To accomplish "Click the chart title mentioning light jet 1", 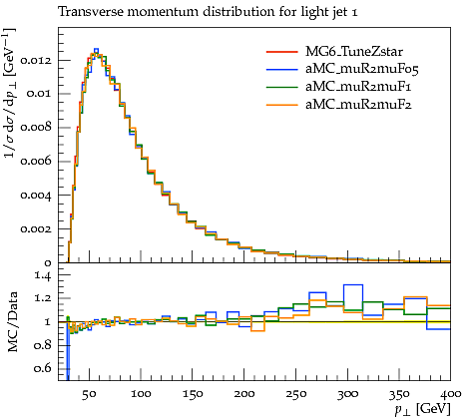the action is click(x=208, y=12).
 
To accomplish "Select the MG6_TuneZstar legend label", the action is click(x=354, y=52).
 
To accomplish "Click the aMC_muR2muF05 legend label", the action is click(x=362, y=69).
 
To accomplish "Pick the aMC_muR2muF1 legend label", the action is click(x=358, y=87).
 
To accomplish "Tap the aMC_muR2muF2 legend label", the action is click(x=358, y=105).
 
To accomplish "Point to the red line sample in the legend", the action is click(x=281, y=52).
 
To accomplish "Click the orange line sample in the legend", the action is click(x=281, y=105).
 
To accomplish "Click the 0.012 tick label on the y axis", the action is click(x=36, y=61).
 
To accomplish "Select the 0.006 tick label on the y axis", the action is click(x=36, y=162).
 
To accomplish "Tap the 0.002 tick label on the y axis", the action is click(x=36, y=229).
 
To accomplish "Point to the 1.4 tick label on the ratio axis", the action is click(x=43, y=275).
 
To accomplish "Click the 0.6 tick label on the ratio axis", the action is click(x=43, y=368).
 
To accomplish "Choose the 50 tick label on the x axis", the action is click(x=89, y=394).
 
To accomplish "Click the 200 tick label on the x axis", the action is click(x=244, y=394).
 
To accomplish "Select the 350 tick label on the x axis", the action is click(x=399, y=394).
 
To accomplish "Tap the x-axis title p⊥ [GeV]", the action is click(x=423, y=409).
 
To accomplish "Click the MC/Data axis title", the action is click(x=12, y=322).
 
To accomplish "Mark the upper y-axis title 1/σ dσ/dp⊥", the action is click(x=9, y=93).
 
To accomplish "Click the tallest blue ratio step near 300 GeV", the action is click(x=353, y=285).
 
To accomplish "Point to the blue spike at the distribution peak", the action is click(x=96, y=51).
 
